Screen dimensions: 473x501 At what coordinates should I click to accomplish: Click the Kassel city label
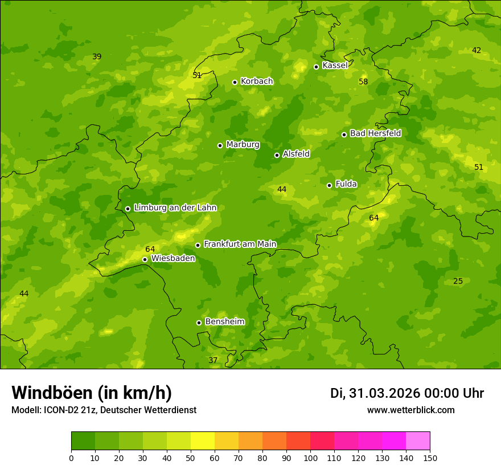[335, 66]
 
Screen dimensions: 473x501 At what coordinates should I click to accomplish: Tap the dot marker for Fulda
[329, 185]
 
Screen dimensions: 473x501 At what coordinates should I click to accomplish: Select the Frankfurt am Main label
[240, 244]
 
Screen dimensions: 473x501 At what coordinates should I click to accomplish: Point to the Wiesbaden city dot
[145, 259]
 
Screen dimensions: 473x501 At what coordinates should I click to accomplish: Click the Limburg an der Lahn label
[175, 208]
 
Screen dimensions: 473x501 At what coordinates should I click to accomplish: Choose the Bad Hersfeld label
[375, 133]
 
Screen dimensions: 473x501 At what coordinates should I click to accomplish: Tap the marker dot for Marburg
[220, 145]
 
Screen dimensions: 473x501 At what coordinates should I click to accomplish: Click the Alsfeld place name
[296, 154]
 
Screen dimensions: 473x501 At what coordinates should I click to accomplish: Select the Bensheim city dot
[199, 323]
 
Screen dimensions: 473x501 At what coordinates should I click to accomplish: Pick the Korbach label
[257, 81]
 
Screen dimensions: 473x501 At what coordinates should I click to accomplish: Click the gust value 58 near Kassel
[363, 82]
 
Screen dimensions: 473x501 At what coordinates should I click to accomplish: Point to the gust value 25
[458, 282]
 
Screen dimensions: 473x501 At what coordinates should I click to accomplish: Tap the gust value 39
[97, 57]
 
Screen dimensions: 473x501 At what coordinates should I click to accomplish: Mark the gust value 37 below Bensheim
[213, 361]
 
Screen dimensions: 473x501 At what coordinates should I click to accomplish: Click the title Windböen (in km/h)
[92, 393]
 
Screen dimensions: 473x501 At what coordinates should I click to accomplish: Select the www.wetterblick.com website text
[410, 410]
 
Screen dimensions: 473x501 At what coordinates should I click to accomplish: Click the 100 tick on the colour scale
[310, 458]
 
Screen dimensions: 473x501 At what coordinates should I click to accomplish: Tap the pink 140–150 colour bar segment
[418, 441]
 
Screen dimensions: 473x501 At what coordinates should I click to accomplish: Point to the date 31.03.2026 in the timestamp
[384, 393]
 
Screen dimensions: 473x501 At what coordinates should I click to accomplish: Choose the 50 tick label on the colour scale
[191, 458]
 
